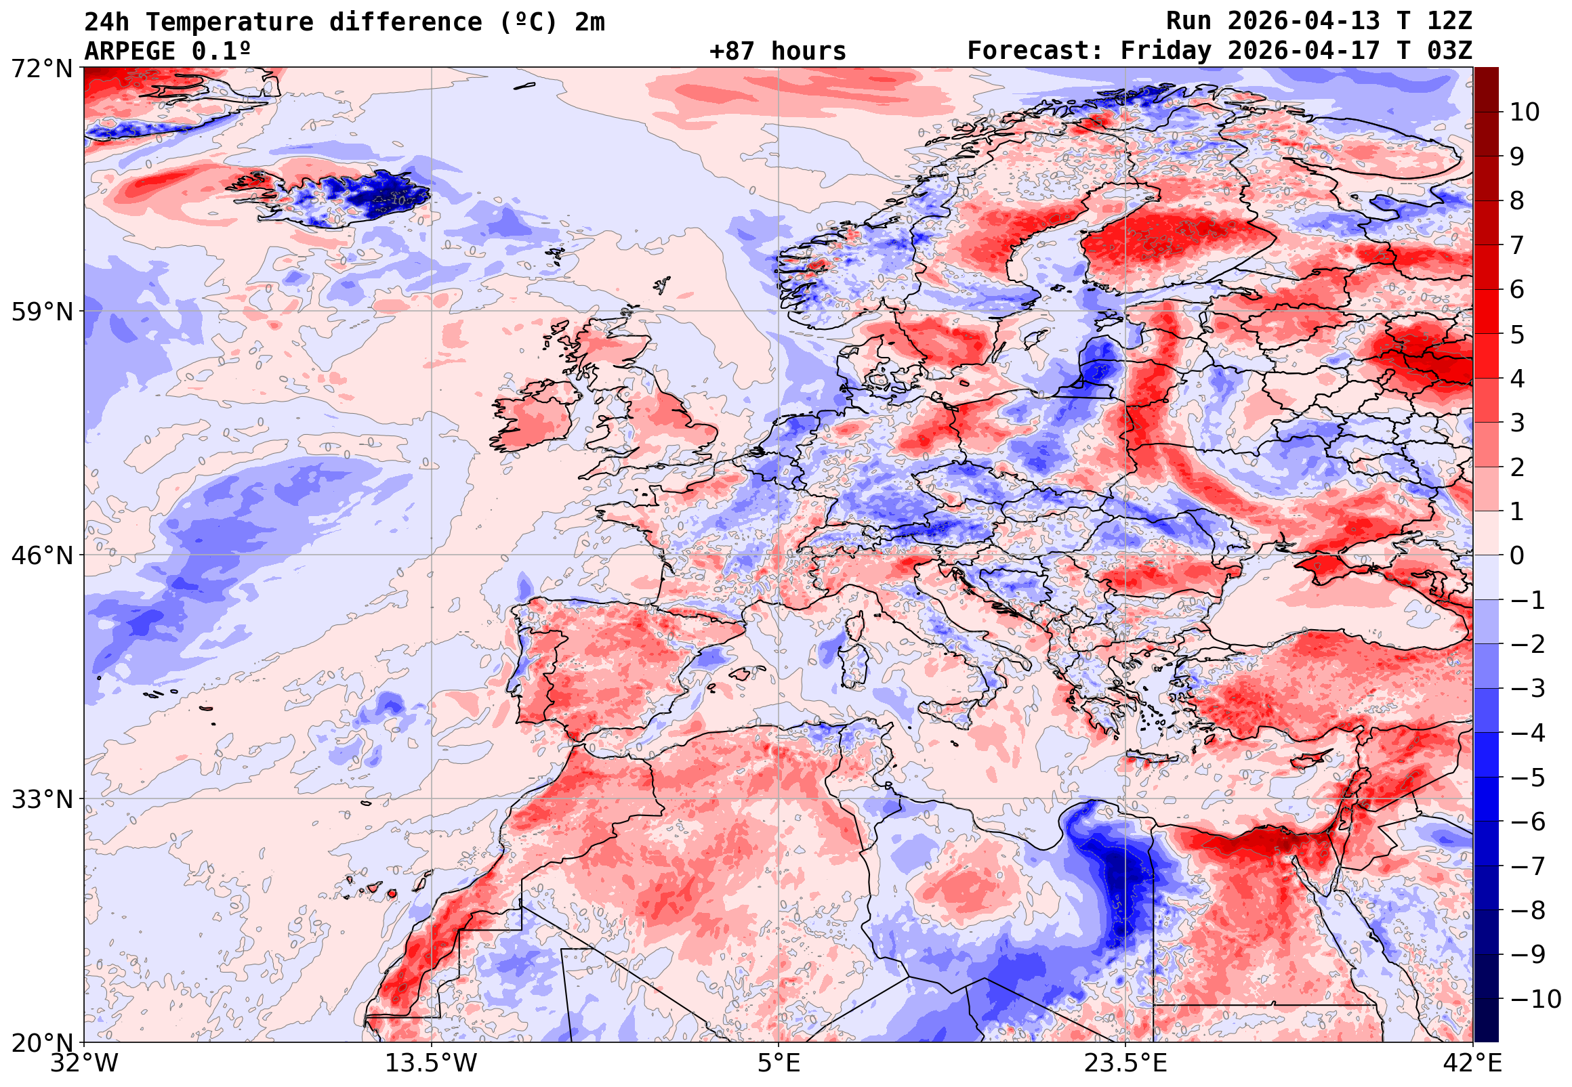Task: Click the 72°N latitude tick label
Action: pos(41,69)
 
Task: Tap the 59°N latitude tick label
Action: pos(41,313)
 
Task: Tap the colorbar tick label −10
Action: pos(1535,1000)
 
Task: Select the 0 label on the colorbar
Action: pos(1517,556)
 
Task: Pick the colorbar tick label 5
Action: pos(1517,335)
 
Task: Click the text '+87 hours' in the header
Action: pos(777,51)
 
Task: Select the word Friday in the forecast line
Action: pos(1166,51)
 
